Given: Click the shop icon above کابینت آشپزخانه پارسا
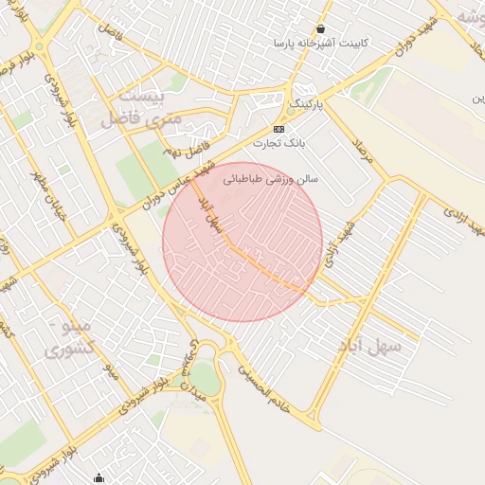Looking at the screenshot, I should click(321, 29).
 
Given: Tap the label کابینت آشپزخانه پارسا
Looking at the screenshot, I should click(321, 44).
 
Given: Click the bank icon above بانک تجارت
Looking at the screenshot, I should click(278, 129).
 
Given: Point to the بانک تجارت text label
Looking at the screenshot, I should click(279, 143).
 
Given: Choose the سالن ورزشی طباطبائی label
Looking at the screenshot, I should click(271, 177).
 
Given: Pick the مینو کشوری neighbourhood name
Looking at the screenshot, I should click(69, 339).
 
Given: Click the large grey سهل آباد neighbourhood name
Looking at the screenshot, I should click(370, 348).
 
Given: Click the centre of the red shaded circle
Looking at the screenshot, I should click(242, 242).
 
